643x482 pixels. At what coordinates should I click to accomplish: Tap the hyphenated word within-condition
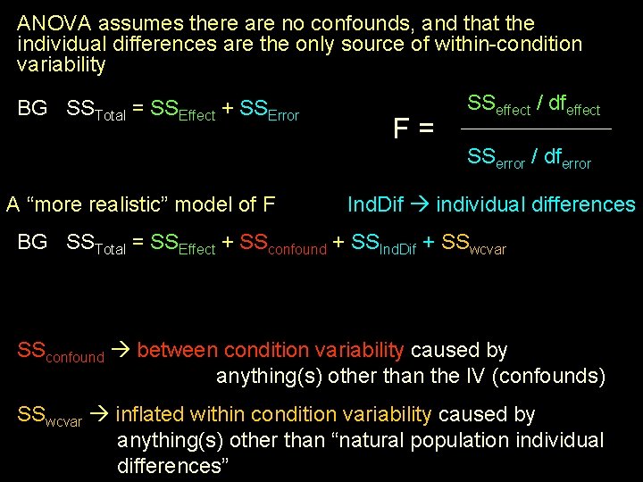506,44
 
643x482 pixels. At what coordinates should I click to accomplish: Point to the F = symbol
413,129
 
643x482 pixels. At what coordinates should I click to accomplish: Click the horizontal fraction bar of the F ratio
536,129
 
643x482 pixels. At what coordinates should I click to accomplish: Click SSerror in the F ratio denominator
497,159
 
